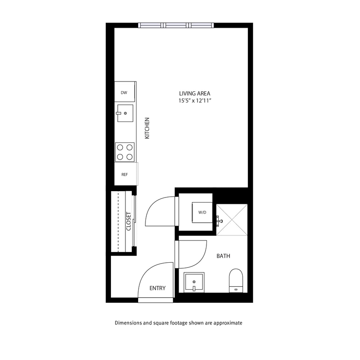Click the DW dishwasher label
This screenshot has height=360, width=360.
124,93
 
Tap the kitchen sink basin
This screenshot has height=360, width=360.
125,113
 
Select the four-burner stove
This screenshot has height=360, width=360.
125,152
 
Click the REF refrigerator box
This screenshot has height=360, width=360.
125,174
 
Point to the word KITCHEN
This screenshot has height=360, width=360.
147,128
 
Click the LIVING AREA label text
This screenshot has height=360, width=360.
195,93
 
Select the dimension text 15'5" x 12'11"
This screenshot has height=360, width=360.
195,101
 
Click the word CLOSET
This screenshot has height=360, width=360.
129,222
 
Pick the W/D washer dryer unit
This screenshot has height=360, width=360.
202,212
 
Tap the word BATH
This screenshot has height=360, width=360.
224,256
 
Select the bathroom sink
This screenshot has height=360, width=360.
194,282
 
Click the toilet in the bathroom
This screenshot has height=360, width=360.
236,280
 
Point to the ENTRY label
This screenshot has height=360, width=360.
157,288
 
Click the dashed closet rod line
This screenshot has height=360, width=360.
118,222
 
